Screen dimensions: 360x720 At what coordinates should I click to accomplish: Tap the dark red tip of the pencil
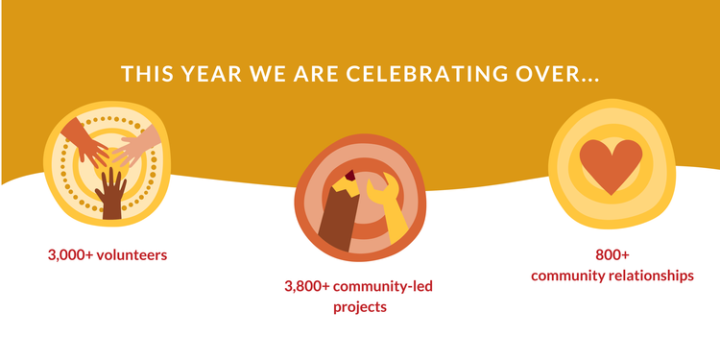pos(350,174)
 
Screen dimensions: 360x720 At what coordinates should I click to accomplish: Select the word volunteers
pos(135,255)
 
